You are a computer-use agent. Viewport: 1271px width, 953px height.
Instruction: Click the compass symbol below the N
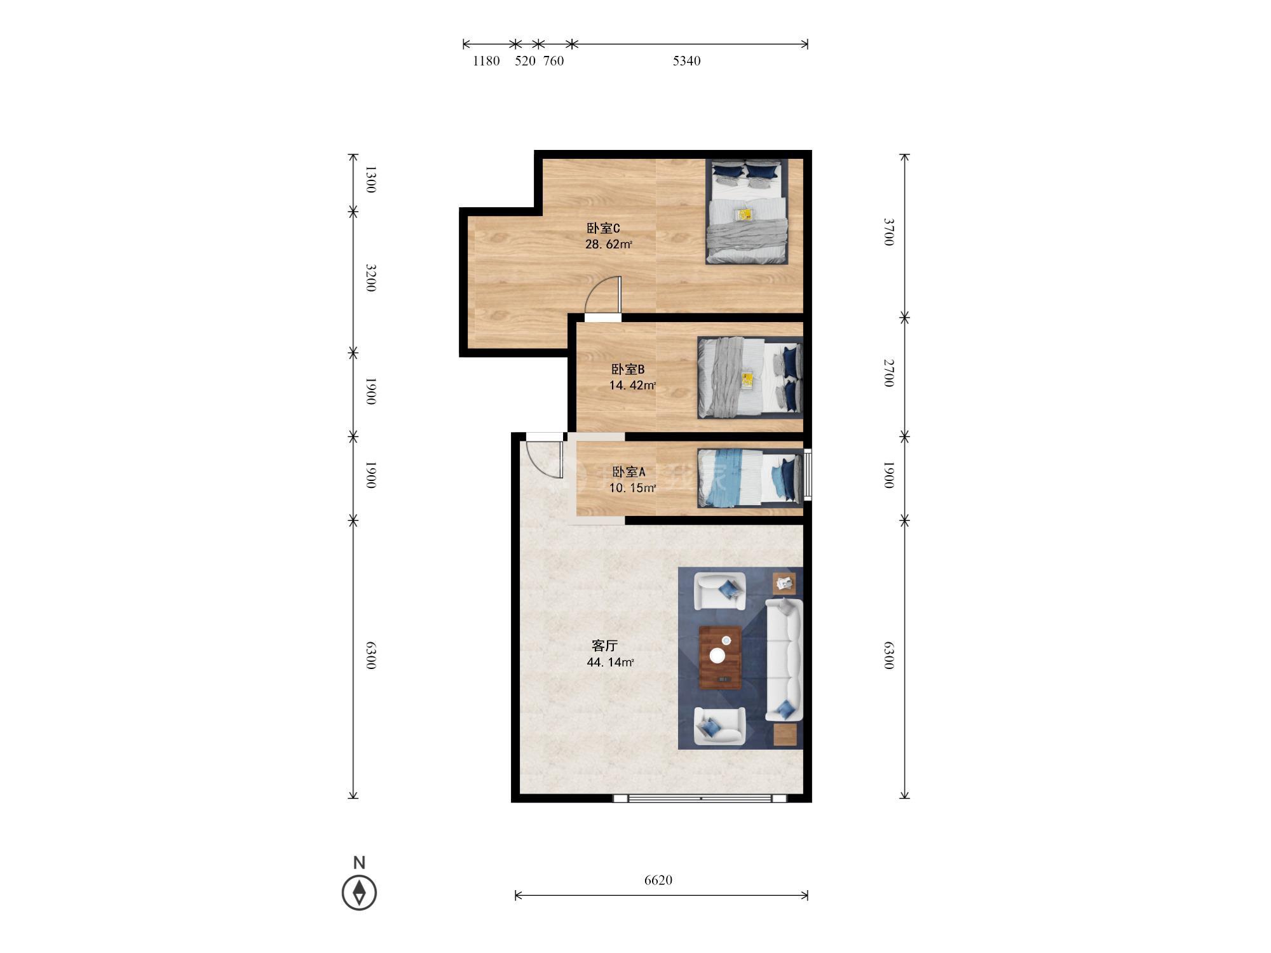[359, 892]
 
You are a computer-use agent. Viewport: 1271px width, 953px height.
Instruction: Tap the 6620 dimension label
[658, 880]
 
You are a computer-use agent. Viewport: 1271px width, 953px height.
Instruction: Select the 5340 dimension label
[686, 61]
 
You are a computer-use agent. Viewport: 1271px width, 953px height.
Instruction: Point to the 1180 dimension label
[486, 61]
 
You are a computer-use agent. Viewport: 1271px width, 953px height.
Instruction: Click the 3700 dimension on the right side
[889, 232]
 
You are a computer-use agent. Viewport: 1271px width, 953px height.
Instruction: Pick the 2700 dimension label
[889, 373]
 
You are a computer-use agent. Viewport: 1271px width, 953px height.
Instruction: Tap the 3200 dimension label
[371, 278]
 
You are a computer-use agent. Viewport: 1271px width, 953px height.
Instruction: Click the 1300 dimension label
[371, 179]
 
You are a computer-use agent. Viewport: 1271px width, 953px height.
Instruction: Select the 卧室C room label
[603, 228]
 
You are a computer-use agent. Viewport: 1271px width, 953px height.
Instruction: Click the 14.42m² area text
[632, 385]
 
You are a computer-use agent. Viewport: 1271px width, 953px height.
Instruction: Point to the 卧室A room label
[629, 471]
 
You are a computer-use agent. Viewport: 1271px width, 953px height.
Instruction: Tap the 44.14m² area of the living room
[610, 662]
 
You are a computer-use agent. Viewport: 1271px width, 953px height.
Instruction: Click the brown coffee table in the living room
[720, 658]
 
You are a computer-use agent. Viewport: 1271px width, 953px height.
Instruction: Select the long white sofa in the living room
[784, 659]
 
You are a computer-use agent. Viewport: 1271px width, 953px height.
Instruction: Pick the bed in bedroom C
[747, 211]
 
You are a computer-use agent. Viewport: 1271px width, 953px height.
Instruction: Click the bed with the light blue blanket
[750, 478]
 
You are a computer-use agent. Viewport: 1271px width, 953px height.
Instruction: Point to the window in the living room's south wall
[700, 799]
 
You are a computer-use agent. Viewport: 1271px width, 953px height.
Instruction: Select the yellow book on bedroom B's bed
[747, 380]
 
